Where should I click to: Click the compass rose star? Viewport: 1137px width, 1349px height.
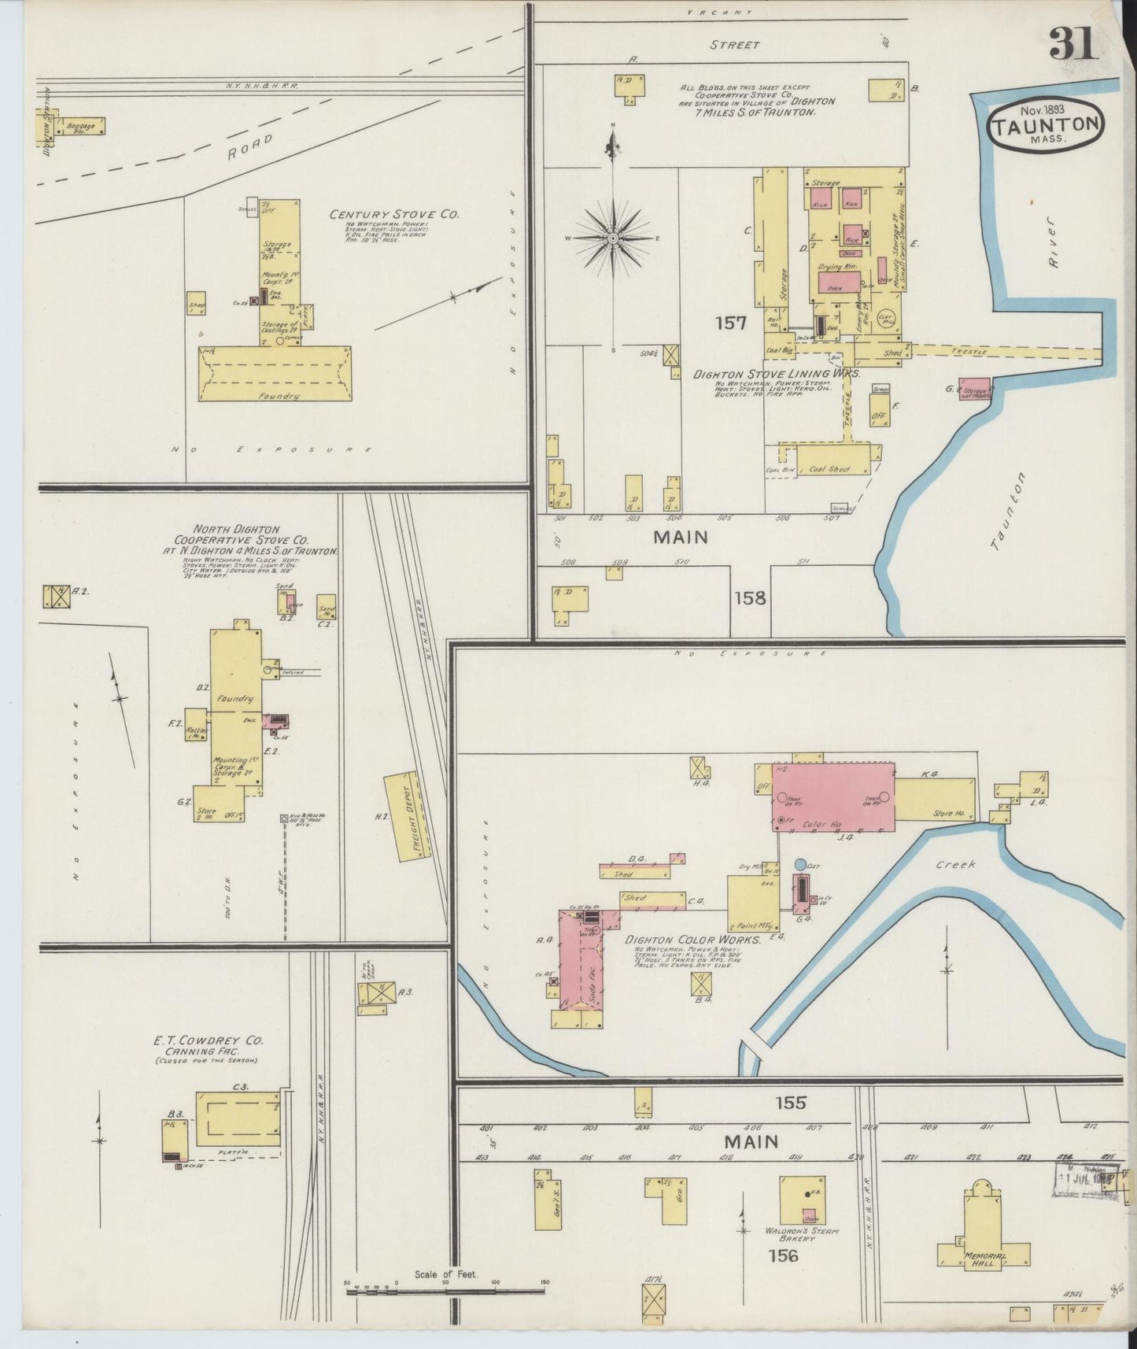point(612,237)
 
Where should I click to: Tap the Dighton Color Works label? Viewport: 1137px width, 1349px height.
point(692,940)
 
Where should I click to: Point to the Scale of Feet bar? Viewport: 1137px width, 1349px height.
point(445,1284)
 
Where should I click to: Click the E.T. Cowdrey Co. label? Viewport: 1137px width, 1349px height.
point(209,1040)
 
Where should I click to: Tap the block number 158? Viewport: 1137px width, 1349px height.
point(749,598)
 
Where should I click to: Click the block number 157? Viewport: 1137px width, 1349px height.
point(730,322)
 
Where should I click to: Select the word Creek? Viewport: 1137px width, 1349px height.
point(955,864)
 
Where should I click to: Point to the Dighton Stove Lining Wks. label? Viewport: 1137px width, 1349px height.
point(776,375)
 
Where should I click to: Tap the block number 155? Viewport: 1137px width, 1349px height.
point(790,1103)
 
